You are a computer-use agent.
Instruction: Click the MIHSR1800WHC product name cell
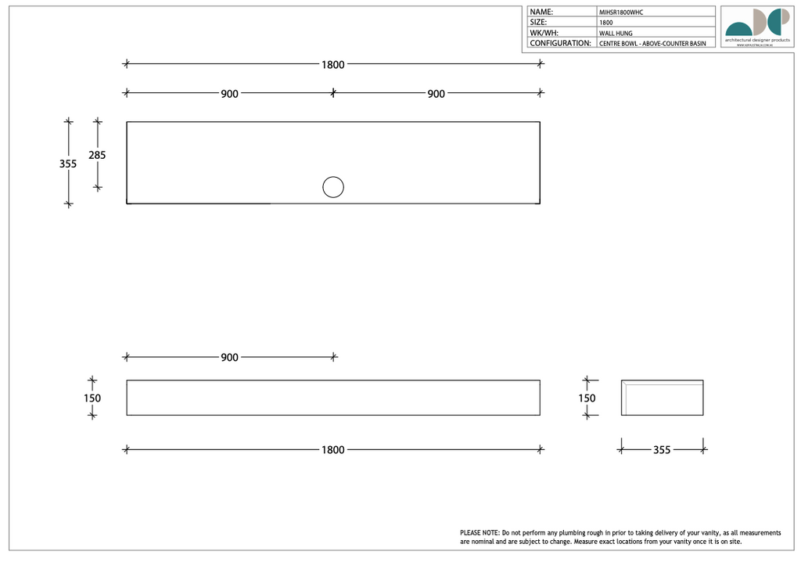coord(621,13)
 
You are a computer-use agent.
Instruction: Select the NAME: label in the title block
coord(541,12)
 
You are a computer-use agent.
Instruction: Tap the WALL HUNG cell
coord(616,34)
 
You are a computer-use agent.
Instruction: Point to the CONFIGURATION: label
coord(560,43)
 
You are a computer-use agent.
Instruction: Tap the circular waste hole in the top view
coord(333,187)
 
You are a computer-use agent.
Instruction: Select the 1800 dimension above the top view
coord(333,64)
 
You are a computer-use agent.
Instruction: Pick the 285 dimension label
coord(97,155)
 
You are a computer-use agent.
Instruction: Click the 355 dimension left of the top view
coord(68,164)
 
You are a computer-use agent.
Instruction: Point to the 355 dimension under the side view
coord(662,450)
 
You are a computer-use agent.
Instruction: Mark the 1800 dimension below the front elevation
coord(333,450)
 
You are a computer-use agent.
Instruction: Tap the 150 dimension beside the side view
coord(587,398)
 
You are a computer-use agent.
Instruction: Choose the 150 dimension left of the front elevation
coord(92,398)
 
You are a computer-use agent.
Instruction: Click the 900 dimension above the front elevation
coord(229,358)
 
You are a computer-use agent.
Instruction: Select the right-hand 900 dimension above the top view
coord(436,94)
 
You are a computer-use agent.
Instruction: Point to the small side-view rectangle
coord(663,398)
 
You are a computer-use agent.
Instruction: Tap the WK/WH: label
coord(544,34)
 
